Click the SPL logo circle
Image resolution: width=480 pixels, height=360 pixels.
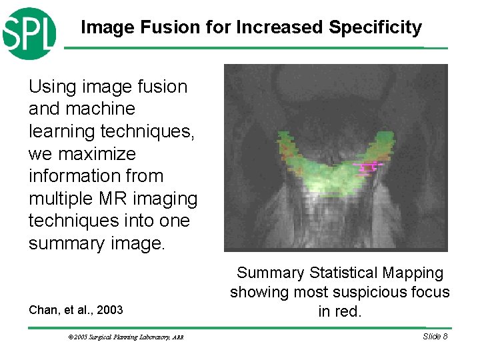[28, 33]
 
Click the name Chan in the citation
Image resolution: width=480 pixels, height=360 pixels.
[43, 309]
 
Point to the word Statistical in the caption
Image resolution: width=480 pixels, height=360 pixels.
[347, 273]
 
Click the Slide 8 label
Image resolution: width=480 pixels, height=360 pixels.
[435, 336]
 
